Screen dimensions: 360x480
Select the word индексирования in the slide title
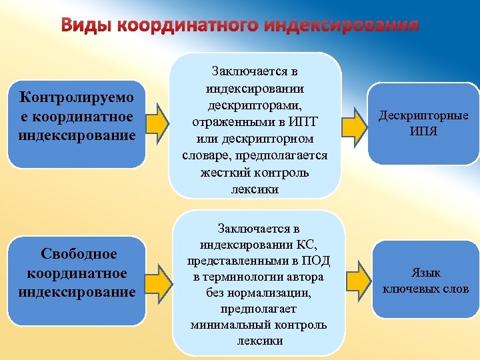pos(341,25)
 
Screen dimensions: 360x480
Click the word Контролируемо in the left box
pos(77,98)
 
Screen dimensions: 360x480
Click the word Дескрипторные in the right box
pos(423,115)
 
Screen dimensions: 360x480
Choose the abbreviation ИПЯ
pos(423,131)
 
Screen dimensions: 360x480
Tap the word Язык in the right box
pos(426,273)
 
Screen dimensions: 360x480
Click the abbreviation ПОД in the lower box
pos(316,261)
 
